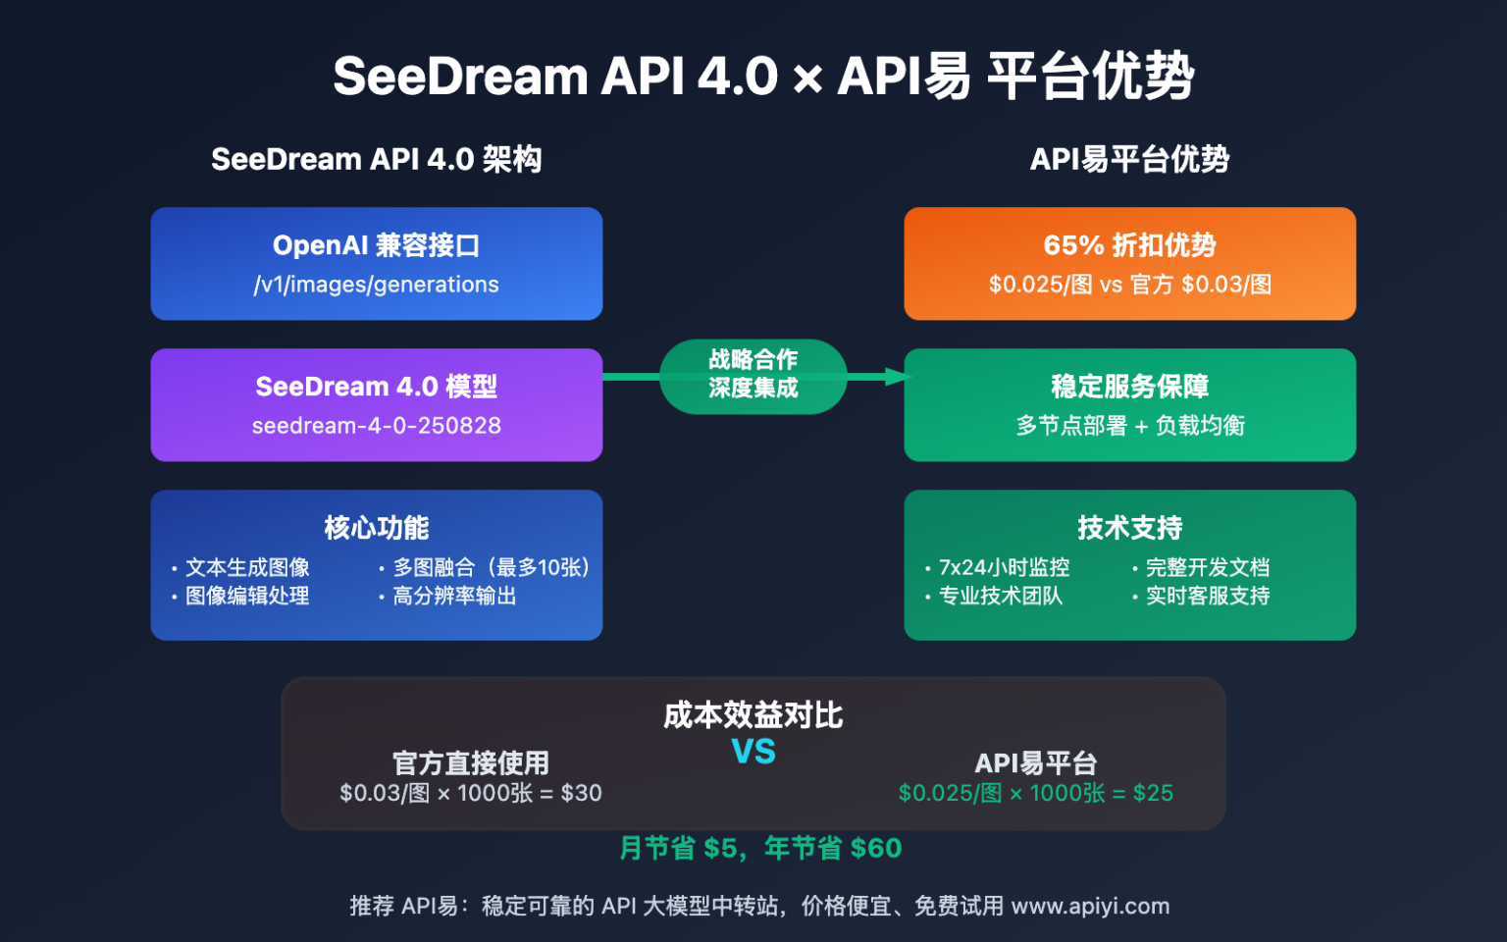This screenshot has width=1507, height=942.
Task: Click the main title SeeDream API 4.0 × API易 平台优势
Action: [762, 77]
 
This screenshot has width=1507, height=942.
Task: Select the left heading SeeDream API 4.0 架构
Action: [376, 159]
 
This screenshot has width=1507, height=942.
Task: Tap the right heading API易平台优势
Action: [1129, 159]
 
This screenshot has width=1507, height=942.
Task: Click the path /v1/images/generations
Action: [376, 285]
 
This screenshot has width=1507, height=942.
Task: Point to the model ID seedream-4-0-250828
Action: [376, 426]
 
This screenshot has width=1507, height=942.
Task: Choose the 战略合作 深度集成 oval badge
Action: [753, 375]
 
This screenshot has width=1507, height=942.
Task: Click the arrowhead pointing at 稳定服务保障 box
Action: [896, 377]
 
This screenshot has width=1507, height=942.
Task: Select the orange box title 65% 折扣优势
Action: [1129, 245]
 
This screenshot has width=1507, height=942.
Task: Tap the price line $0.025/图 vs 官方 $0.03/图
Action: [1129, 285]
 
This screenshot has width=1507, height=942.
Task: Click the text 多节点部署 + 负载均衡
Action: [1129, 426]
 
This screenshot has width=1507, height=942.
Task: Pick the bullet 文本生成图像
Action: [247, 567]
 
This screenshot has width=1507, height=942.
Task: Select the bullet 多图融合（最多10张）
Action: [491, 567]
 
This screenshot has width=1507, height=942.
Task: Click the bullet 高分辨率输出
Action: [454, 596]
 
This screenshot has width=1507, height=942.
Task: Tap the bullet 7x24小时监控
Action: [1004, 567]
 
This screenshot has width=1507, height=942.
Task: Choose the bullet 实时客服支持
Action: [1207, 596]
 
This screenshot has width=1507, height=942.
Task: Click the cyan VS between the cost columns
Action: [753, 752]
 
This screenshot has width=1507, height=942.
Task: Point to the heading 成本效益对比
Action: [753, 715]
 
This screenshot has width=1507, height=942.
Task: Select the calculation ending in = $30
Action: [470, 793]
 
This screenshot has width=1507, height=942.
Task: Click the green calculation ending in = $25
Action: [1035, 793]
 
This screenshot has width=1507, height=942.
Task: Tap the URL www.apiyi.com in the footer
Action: [1090, 906]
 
